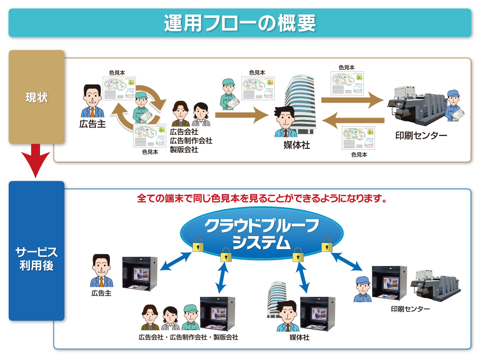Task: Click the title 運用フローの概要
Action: (x=240, y=23)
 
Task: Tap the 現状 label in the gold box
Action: (x=37, y=97)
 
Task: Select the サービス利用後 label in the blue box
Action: (x=37, y=258)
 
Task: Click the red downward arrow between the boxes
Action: (x=36, y=160)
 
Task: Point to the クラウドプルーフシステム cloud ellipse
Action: (x=262, y=234)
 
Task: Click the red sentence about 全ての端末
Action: (x=262, y=198)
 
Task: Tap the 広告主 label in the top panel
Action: (x=93, y=124)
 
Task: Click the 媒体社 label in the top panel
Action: (x=296, y=145)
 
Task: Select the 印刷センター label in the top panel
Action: (x=421, y=135)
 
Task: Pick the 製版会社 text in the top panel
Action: (x=184, y=149)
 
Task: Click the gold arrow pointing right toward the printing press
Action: (x=352, y=100)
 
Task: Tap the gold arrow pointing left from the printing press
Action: (x=353, y=120)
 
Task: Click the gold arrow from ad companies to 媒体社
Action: (x=241, y=115)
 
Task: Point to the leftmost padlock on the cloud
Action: (x=198, y=245)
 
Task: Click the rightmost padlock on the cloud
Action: (x=327, y=245)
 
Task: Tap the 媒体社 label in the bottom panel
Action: (x=299, y=337)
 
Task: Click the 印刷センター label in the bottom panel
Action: (x=410, y=309)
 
